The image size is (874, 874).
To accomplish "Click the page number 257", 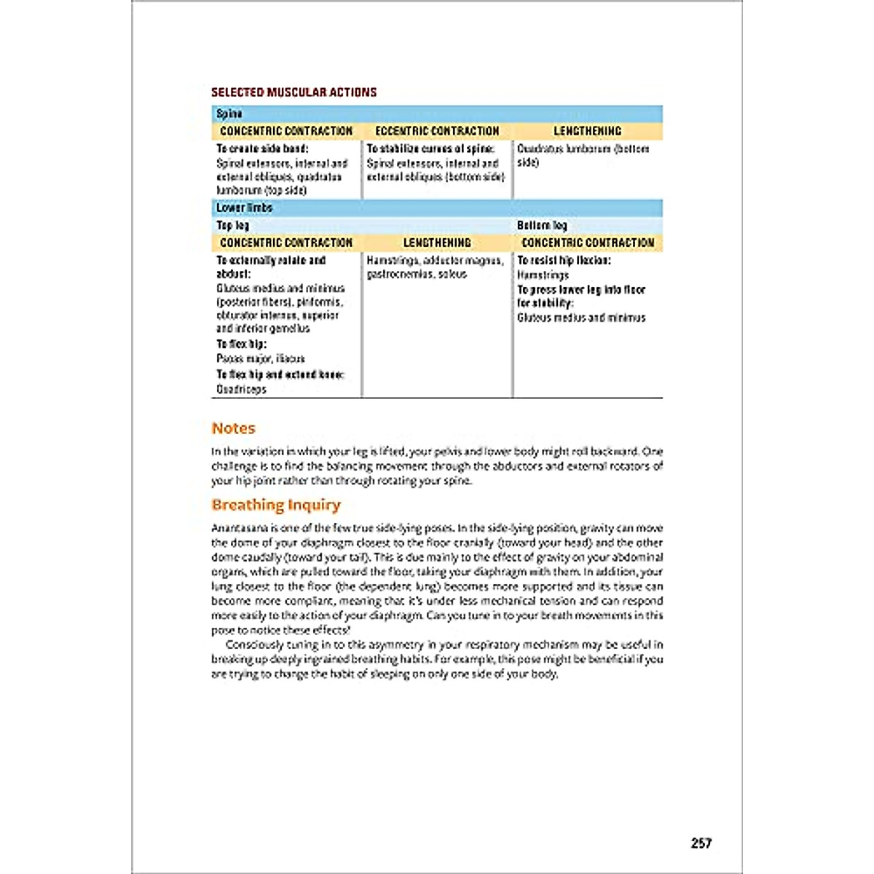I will coord(701,843).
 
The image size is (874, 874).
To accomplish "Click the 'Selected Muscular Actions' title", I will coord(294,92).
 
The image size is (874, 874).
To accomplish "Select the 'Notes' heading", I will coord(233,428).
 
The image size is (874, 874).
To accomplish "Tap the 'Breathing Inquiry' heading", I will coord(276,505).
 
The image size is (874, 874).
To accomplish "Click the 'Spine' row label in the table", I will coord(229,114).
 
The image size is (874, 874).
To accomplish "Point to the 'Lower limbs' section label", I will coord(244,208).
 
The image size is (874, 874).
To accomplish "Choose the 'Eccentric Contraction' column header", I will coord(437,131).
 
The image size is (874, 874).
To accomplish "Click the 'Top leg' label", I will coord(232,225).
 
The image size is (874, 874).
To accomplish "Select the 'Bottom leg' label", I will coord(541,225).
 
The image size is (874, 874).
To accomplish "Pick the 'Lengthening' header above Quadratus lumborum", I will coord(587,131).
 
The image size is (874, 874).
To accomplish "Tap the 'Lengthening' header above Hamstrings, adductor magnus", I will coord(437,243).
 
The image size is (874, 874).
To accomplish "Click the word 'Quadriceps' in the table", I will coord(241,390).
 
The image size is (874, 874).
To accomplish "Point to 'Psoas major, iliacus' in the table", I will coord(260,358).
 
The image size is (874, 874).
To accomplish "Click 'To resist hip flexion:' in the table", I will coord(564,260).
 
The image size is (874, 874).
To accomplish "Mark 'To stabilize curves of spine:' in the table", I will coord(430,149).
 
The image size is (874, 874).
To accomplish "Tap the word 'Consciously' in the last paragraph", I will coord(254,645).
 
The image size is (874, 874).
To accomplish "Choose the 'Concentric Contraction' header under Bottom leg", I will coord(588,243).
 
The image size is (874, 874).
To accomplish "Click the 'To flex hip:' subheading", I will coord(241,344).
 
